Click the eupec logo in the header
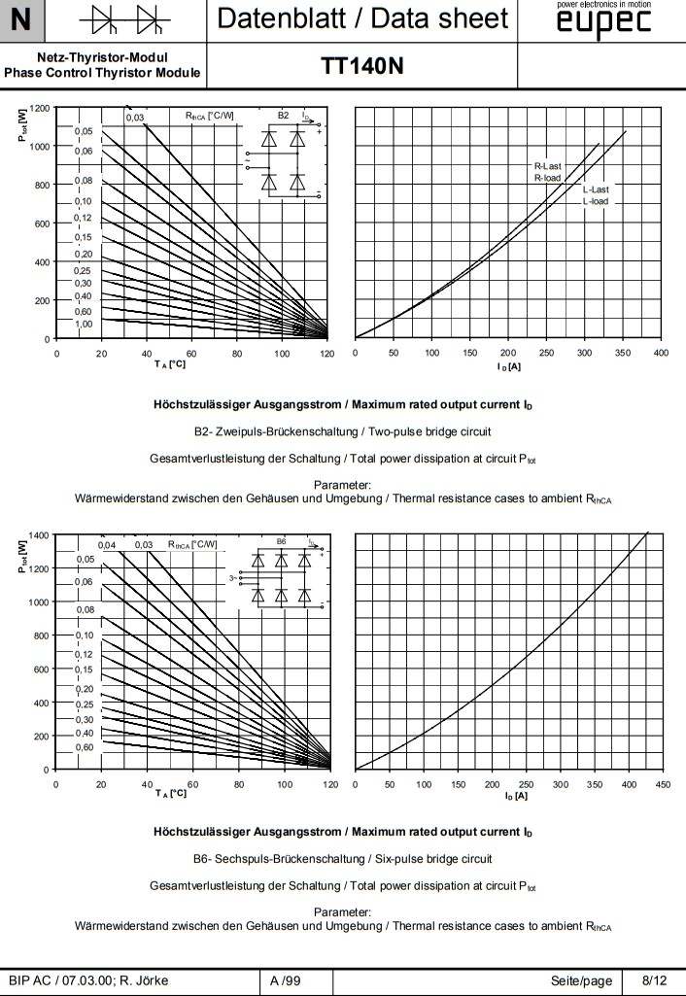tap(603, 23)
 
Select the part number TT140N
tap(362, 65)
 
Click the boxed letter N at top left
tap(21, 18)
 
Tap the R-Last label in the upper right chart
tap(548, 167)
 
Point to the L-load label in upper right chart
tap(596, 201)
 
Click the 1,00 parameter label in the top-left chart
tap(83, 324)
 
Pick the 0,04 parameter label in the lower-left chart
tap(107, 545)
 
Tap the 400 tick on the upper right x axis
tap(661, 353)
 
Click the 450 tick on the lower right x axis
tap(664, 784)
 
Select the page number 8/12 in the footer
tap(655, 980)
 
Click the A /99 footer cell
tap(286, 980)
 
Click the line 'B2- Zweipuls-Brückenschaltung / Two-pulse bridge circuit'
tap(343, 429)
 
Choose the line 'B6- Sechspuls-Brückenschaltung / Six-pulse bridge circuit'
tap(343, 858)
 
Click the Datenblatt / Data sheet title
tap(362, 18)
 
